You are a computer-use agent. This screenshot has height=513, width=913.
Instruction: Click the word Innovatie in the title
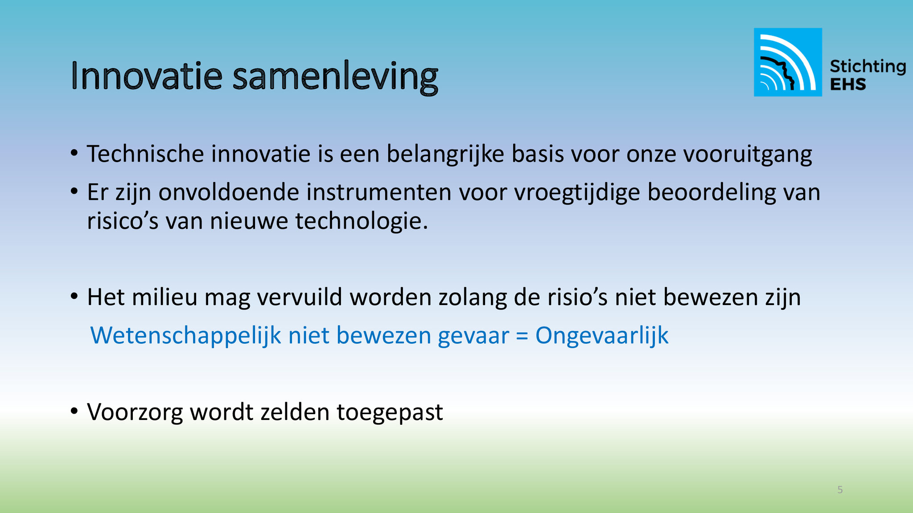(x=146, y=76)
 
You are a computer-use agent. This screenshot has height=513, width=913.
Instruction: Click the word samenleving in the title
(x=336, y=78)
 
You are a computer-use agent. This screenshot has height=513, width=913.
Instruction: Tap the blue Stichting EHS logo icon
(x=788, y=62)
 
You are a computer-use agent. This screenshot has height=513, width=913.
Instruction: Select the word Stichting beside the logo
(x=868, y=67)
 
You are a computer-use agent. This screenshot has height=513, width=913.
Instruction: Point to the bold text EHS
(x=848, y=84)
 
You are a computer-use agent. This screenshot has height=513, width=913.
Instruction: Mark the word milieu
(x=165, y=297)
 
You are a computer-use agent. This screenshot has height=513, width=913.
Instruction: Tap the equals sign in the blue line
(x=522, y=337)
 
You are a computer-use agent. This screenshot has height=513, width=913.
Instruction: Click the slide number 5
(x=840, y=490)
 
